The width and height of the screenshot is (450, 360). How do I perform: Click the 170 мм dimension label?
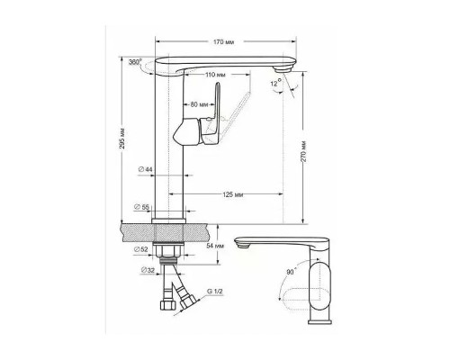[x=224, y=41]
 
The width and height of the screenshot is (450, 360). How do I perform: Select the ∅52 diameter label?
[x=141, y=249]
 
